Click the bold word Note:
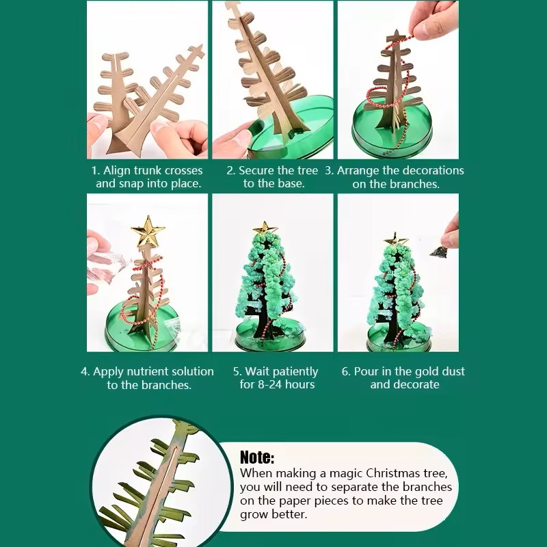click(x=257, y=457)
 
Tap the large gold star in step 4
click(x=148, y=231)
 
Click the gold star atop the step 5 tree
click(x=265, y=228)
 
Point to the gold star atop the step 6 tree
click(x=396, y=239)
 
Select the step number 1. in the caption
click(x=96, y=170)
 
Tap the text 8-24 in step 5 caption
click(x=269, y=385)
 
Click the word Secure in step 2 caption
click(x=256, y=170)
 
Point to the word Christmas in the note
click(x=392, y=473)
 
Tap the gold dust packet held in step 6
click(x=438, y=251)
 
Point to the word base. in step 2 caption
click(x=291, y=184)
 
